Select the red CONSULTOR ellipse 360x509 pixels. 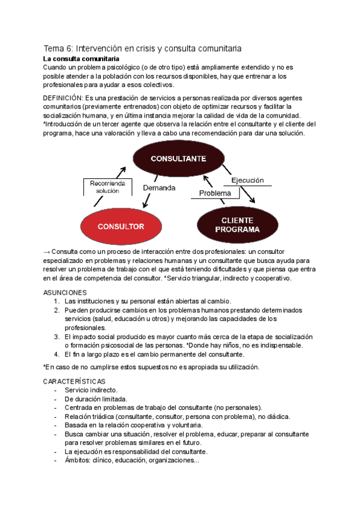121,226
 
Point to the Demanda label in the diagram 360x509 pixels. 159,188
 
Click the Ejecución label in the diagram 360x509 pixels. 247,179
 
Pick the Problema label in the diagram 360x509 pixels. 215,193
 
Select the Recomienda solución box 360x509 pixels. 109,187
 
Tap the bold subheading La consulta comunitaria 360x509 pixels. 81,59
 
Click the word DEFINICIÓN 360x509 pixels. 64,98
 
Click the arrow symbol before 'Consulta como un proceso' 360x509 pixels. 47,251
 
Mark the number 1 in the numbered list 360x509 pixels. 56,301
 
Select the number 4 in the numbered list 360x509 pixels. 56,354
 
